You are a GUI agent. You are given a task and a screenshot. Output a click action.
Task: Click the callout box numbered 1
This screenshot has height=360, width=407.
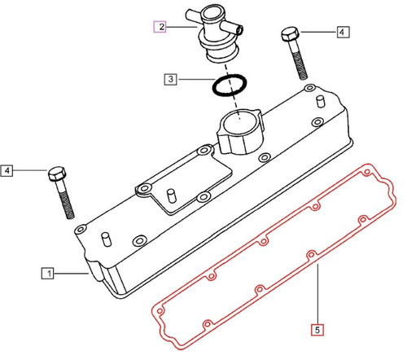tap(48, 274)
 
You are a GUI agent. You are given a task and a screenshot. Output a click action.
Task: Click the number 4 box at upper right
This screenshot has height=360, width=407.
tap(342, 33)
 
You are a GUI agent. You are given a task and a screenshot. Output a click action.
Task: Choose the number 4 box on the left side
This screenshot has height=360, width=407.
tap(7, 170)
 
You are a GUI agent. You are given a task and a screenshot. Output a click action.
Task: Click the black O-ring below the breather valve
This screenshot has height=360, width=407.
tap(228, 84)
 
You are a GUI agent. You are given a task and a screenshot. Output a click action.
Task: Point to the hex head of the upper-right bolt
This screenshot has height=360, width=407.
tap(291, 36)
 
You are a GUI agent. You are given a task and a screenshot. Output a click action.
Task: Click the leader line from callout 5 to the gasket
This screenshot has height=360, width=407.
tap(317, 293)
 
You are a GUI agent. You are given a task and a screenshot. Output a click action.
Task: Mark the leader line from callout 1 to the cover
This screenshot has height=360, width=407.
tap(73, 274)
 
